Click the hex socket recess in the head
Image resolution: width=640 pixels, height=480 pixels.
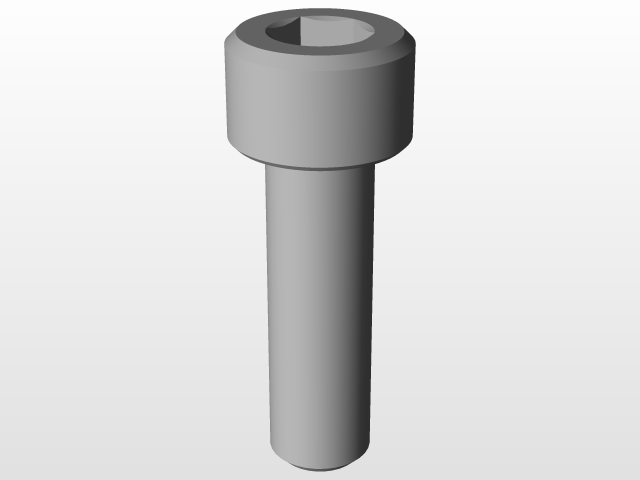(318, 36)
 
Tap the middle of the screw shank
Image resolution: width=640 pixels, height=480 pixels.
(320, 310)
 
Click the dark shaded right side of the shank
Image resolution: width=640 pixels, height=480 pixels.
(362, 310)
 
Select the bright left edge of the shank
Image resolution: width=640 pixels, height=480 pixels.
(271, 310)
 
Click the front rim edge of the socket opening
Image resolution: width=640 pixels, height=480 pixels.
(318, 53)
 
